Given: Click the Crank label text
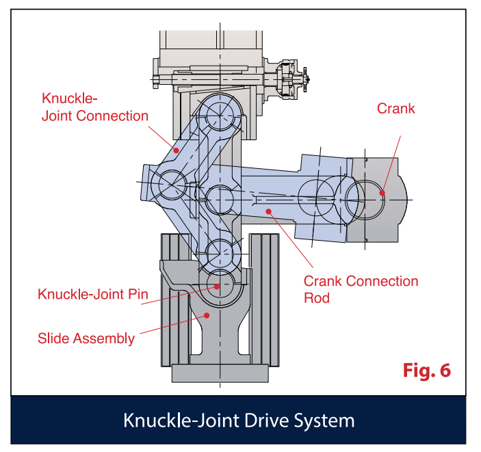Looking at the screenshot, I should click(x=396, y=109).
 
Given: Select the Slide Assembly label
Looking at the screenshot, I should click(x=86, y=338).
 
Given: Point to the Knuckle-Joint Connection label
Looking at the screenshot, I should click(x=94, y=107).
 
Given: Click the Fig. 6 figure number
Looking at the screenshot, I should click(x=427, y=371).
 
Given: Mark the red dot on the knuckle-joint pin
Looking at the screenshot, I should click(x=218, y=287).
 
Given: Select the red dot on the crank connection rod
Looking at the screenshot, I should click(x=270, y=211).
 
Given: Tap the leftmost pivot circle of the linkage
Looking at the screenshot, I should click(x=168, y=183).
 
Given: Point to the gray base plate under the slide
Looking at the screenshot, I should click(x=219, y=373).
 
